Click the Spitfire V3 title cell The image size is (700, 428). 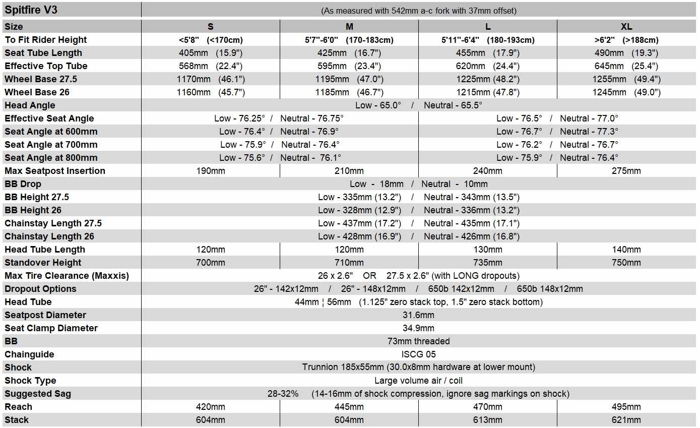(31, 10)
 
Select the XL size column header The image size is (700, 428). (626, 27)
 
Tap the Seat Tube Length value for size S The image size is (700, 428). (210, 53)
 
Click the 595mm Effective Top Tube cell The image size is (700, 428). (349, 66)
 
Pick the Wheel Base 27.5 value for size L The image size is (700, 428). (487, 79)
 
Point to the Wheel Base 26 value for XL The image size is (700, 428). (626, 92)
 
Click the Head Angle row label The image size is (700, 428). (30, 105)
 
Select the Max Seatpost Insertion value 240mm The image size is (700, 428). (487, 171)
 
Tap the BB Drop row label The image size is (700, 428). (23, 184)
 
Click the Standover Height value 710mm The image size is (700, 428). (349, 263)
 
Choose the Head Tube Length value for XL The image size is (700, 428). (626, 250)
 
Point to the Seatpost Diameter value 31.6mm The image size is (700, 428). (418, 315)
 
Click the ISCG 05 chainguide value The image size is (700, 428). (418, 354)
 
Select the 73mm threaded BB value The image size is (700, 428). (418, 341)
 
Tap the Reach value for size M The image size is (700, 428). (349, 407)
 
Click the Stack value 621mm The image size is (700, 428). (626, 420)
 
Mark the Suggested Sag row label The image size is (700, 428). (38, 394)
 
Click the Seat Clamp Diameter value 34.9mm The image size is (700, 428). (418, 328)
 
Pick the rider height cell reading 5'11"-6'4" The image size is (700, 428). (487, 40)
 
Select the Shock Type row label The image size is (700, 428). (30, 381)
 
